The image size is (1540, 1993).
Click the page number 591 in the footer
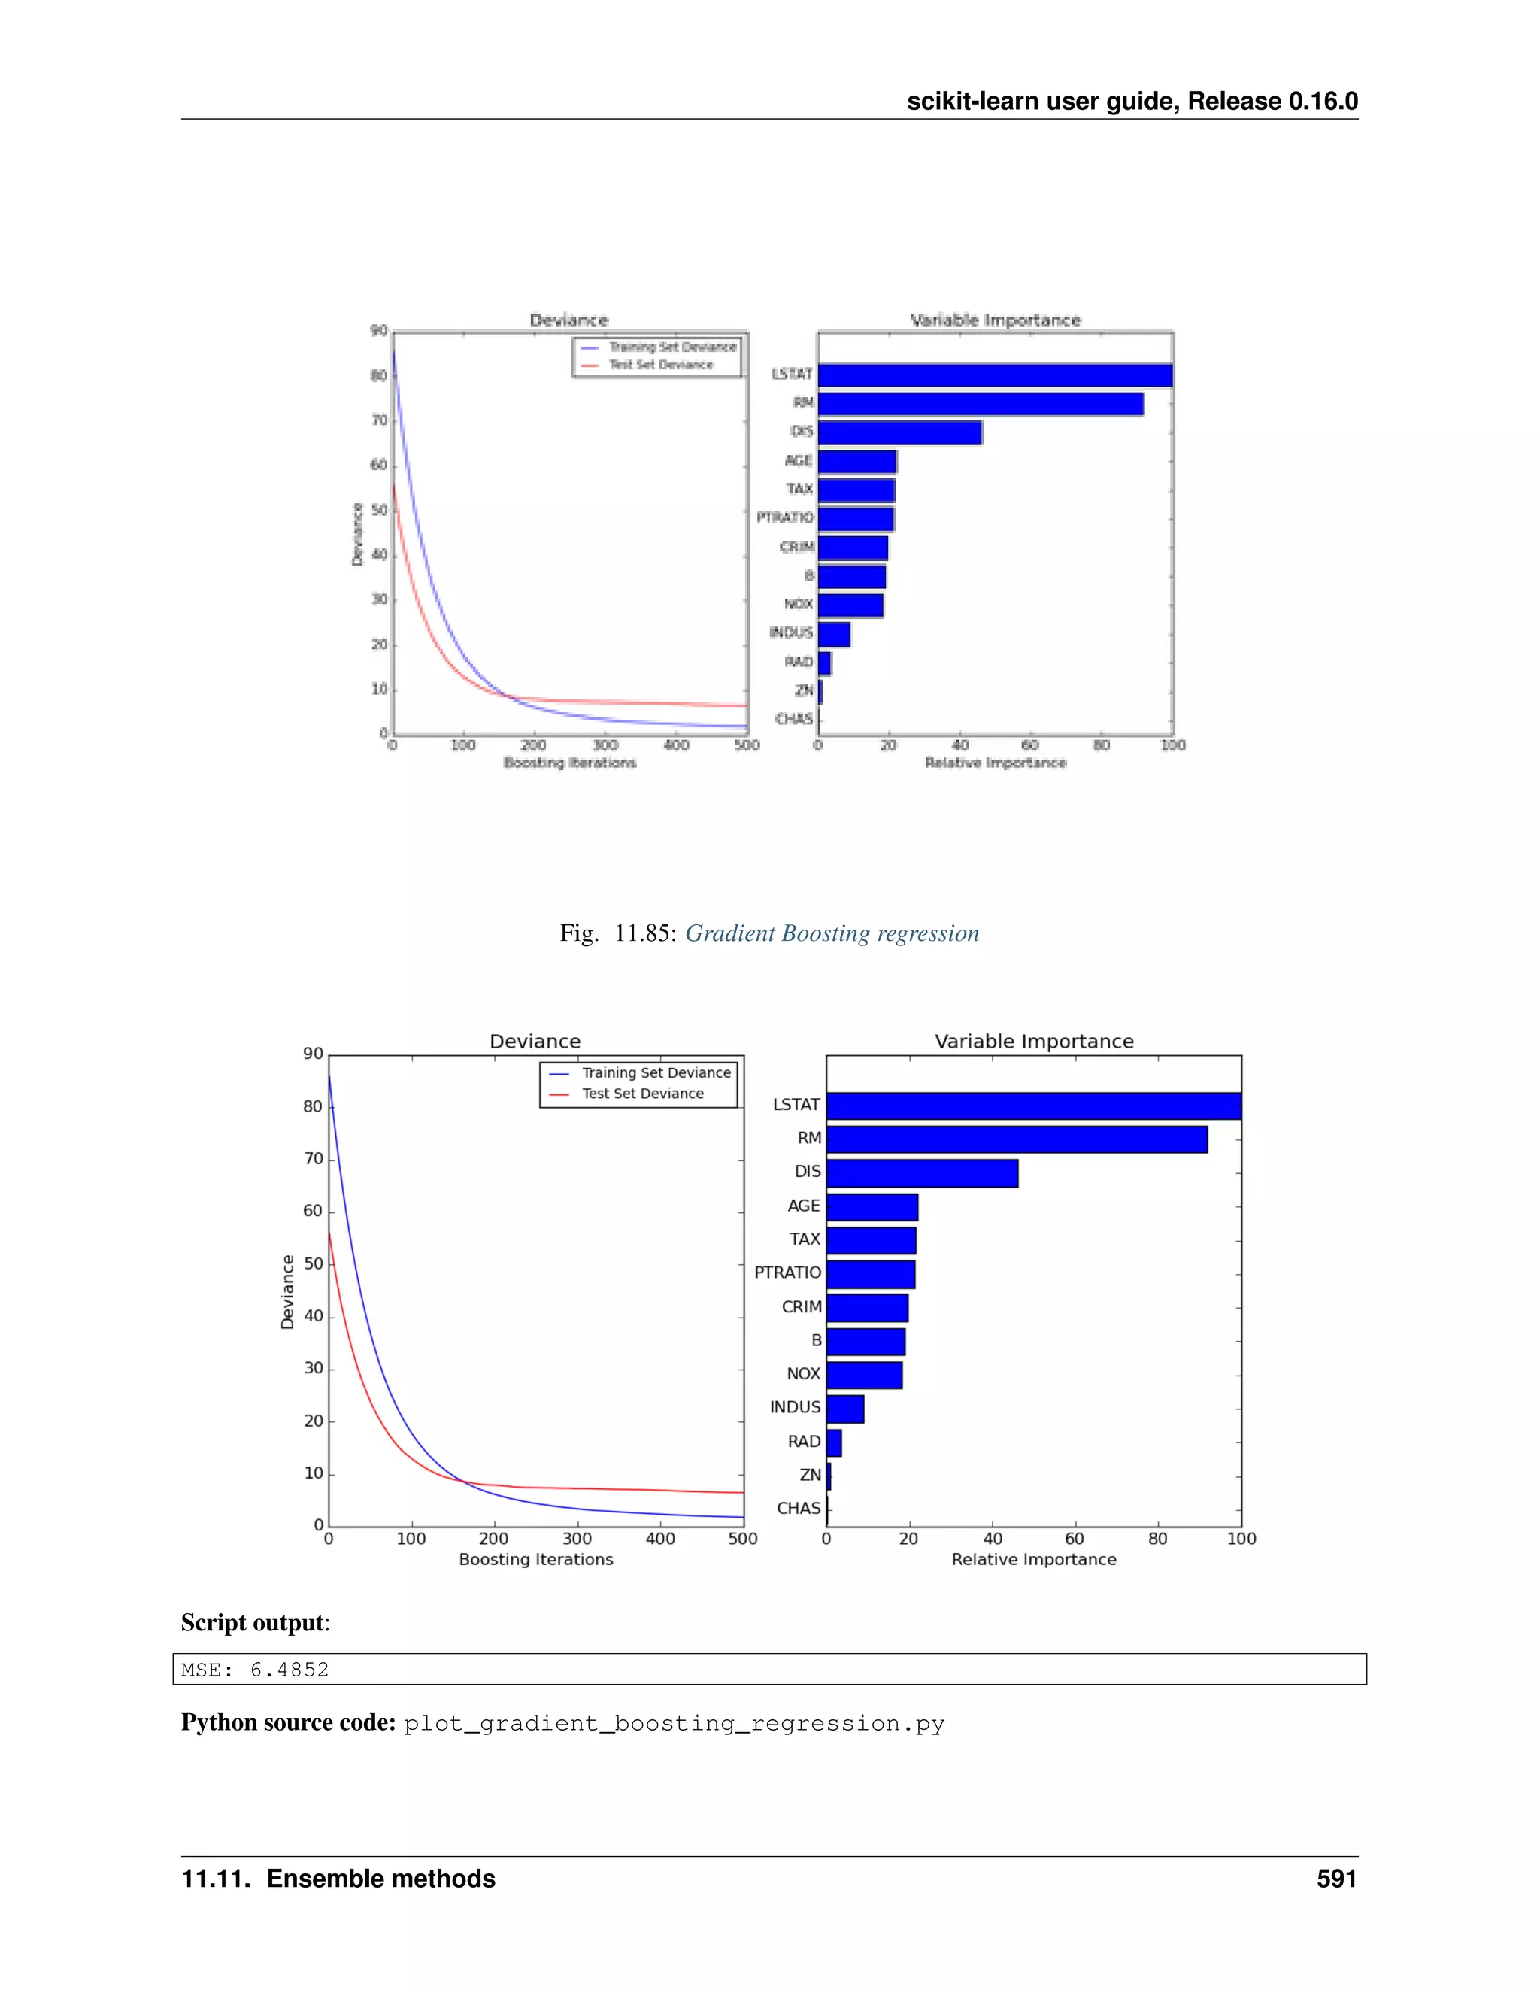point(1335,1879)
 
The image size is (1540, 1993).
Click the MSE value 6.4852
point(290,1670)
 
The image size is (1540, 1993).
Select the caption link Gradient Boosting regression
point(832,933)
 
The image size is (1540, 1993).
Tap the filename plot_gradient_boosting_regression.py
point(675,1723)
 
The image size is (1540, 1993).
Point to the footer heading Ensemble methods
point(381,1879)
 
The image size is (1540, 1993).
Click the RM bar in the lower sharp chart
point(1017,1139)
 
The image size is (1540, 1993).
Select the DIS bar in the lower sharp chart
point(921,1172)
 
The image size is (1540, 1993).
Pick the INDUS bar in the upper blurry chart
point(834,633)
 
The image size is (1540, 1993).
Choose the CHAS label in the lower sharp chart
point(799,1509)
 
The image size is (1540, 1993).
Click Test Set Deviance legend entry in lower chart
point(642,1094)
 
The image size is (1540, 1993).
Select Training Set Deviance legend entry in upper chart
point(672,347)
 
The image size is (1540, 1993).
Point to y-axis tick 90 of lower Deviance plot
point(313,1054)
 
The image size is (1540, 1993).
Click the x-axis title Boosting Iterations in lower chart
point(535,1560)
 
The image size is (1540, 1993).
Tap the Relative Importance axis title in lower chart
point(1034,1560)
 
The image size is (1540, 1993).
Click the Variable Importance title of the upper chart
point(996,320)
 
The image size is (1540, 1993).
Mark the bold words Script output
point(253,1622)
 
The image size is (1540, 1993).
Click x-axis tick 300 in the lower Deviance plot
point(577,1539)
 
